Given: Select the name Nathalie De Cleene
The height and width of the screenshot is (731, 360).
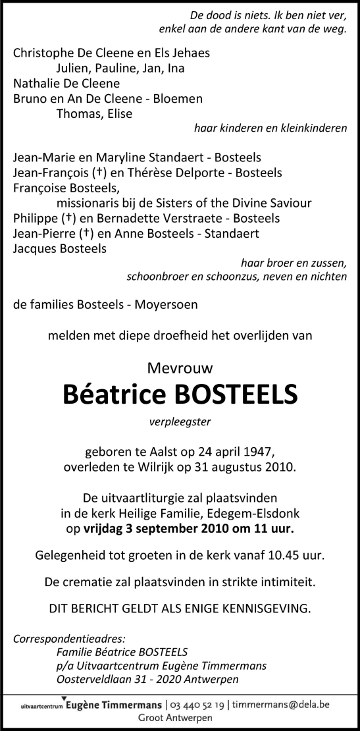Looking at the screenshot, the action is point(66,84).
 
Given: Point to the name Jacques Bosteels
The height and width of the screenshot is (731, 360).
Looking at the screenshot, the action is point(59,248).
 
